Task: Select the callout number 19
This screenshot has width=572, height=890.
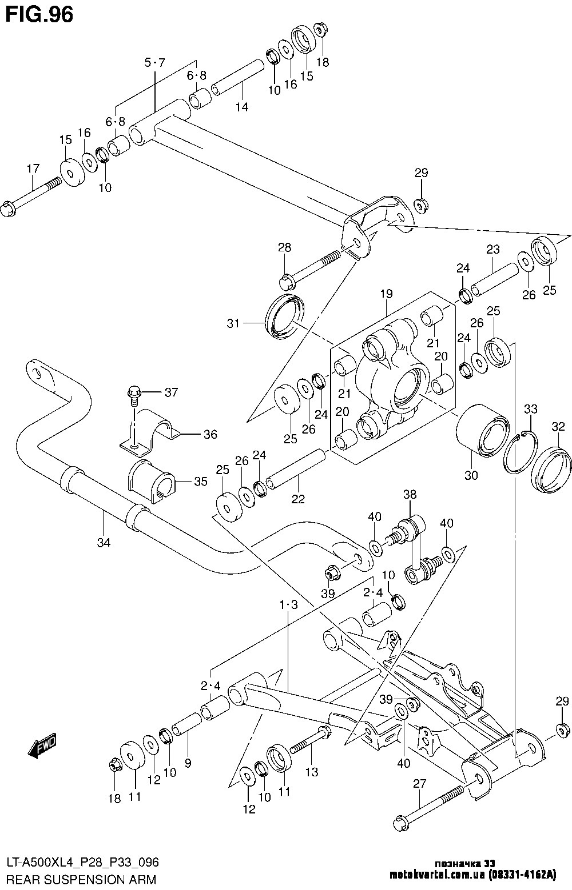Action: [386, 294]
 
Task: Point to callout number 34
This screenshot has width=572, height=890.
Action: [103, 542]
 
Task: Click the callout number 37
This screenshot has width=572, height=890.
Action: [171, 392]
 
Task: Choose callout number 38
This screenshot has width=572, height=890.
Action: [410, 495]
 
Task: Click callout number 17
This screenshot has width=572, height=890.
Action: [33, 169]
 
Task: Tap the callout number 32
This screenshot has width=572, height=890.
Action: [558, 426]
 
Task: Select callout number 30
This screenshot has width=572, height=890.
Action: [471, 475]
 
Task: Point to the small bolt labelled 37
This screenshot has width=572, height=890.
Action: [133, 394]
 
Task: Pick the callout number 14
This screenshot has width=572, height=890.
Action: [242, 107]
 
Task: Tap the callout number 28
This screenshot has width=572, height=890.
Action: [284, 248]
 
